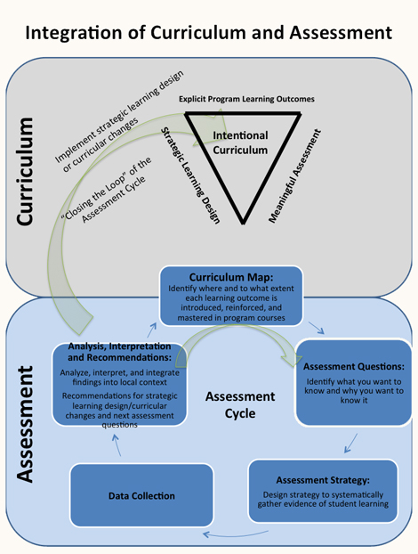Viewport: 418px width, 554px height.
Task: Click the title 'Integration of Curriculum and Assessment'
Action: tap(209, 33)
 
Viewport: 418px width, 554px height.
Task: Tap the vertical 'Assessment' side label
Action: tap(26, 434)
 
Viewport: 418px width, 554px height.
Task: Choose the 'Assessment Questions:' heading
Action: tap(354, 365)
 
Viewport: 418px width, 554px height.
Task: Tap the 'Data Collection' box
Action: tap(142, 493)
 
